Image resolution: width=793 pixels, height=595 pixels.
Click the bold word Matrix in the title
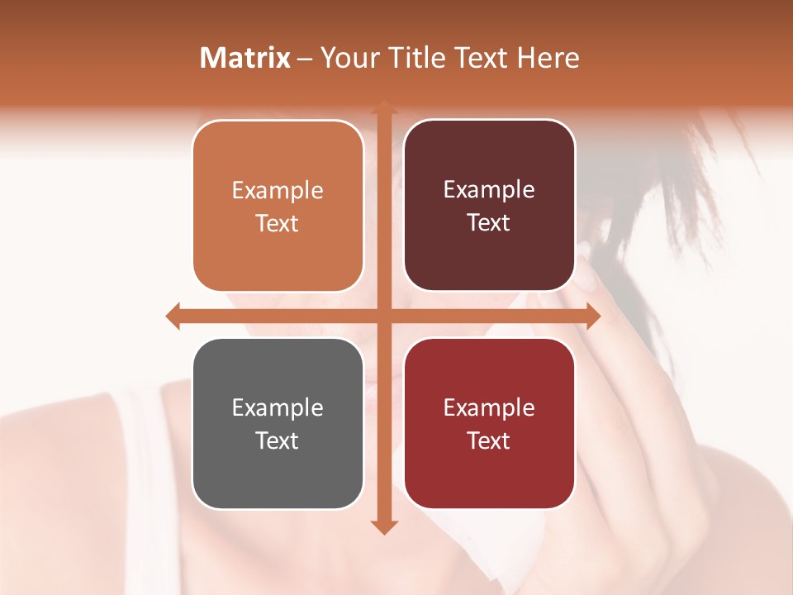[245, 58]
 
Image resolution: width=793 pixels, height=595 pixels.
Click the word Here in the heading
[548, 58]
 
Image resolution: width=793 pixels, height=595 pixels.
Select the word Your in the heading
[347, 58]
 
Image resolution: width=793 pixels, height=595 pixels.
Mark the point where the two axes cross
[383, 316]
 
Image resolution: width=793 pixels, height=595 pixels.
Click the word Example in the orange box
[278, 191]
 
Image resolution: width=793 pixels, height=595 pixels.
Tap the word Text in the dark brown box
[489, 223]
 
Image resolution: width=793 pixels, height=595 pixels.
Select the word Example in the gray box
[278, 408]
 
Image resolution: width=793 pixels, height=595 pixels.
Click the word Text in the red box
[489, 441]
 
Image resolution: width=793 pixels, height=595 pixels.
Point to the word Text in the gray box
[278, 441]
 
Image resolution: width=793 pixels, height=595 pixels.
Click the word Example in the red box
[489, 408]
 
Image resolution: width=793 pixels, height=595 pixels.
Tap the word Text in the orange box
[278, 224]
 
